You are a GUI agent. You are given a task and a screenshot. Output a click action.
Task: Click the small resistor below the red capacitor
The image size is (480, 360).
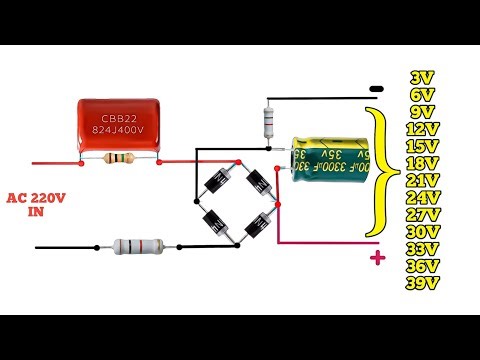pos(118,160)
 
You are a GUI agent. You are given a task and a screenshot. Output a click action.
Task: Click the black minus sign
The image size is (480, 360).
pos(377,88)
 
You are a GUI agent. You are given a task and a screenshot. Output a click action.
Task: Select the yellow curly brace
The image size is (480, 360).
pos(378,175)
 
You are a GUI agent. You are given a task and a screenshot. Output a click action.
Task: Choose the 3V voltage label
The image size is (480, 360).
pos(422,77)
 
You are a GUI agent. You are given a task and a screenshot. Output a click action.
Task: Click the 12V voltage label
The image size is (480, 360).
pos(422,129)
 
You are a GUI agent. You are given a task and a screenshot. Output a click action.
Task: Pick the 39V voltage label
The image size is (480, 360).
pos(422,283)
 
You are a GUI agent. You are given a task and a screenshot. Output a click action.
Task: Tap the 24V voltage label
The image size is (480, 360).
pos(422,197)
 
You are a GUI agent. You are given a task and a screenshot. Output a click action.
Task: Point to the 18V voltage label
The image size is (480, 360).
pos(422,163)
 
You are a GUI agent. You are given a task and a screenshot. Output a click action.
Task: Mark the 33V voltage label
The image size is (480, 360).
pos(422,249)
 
